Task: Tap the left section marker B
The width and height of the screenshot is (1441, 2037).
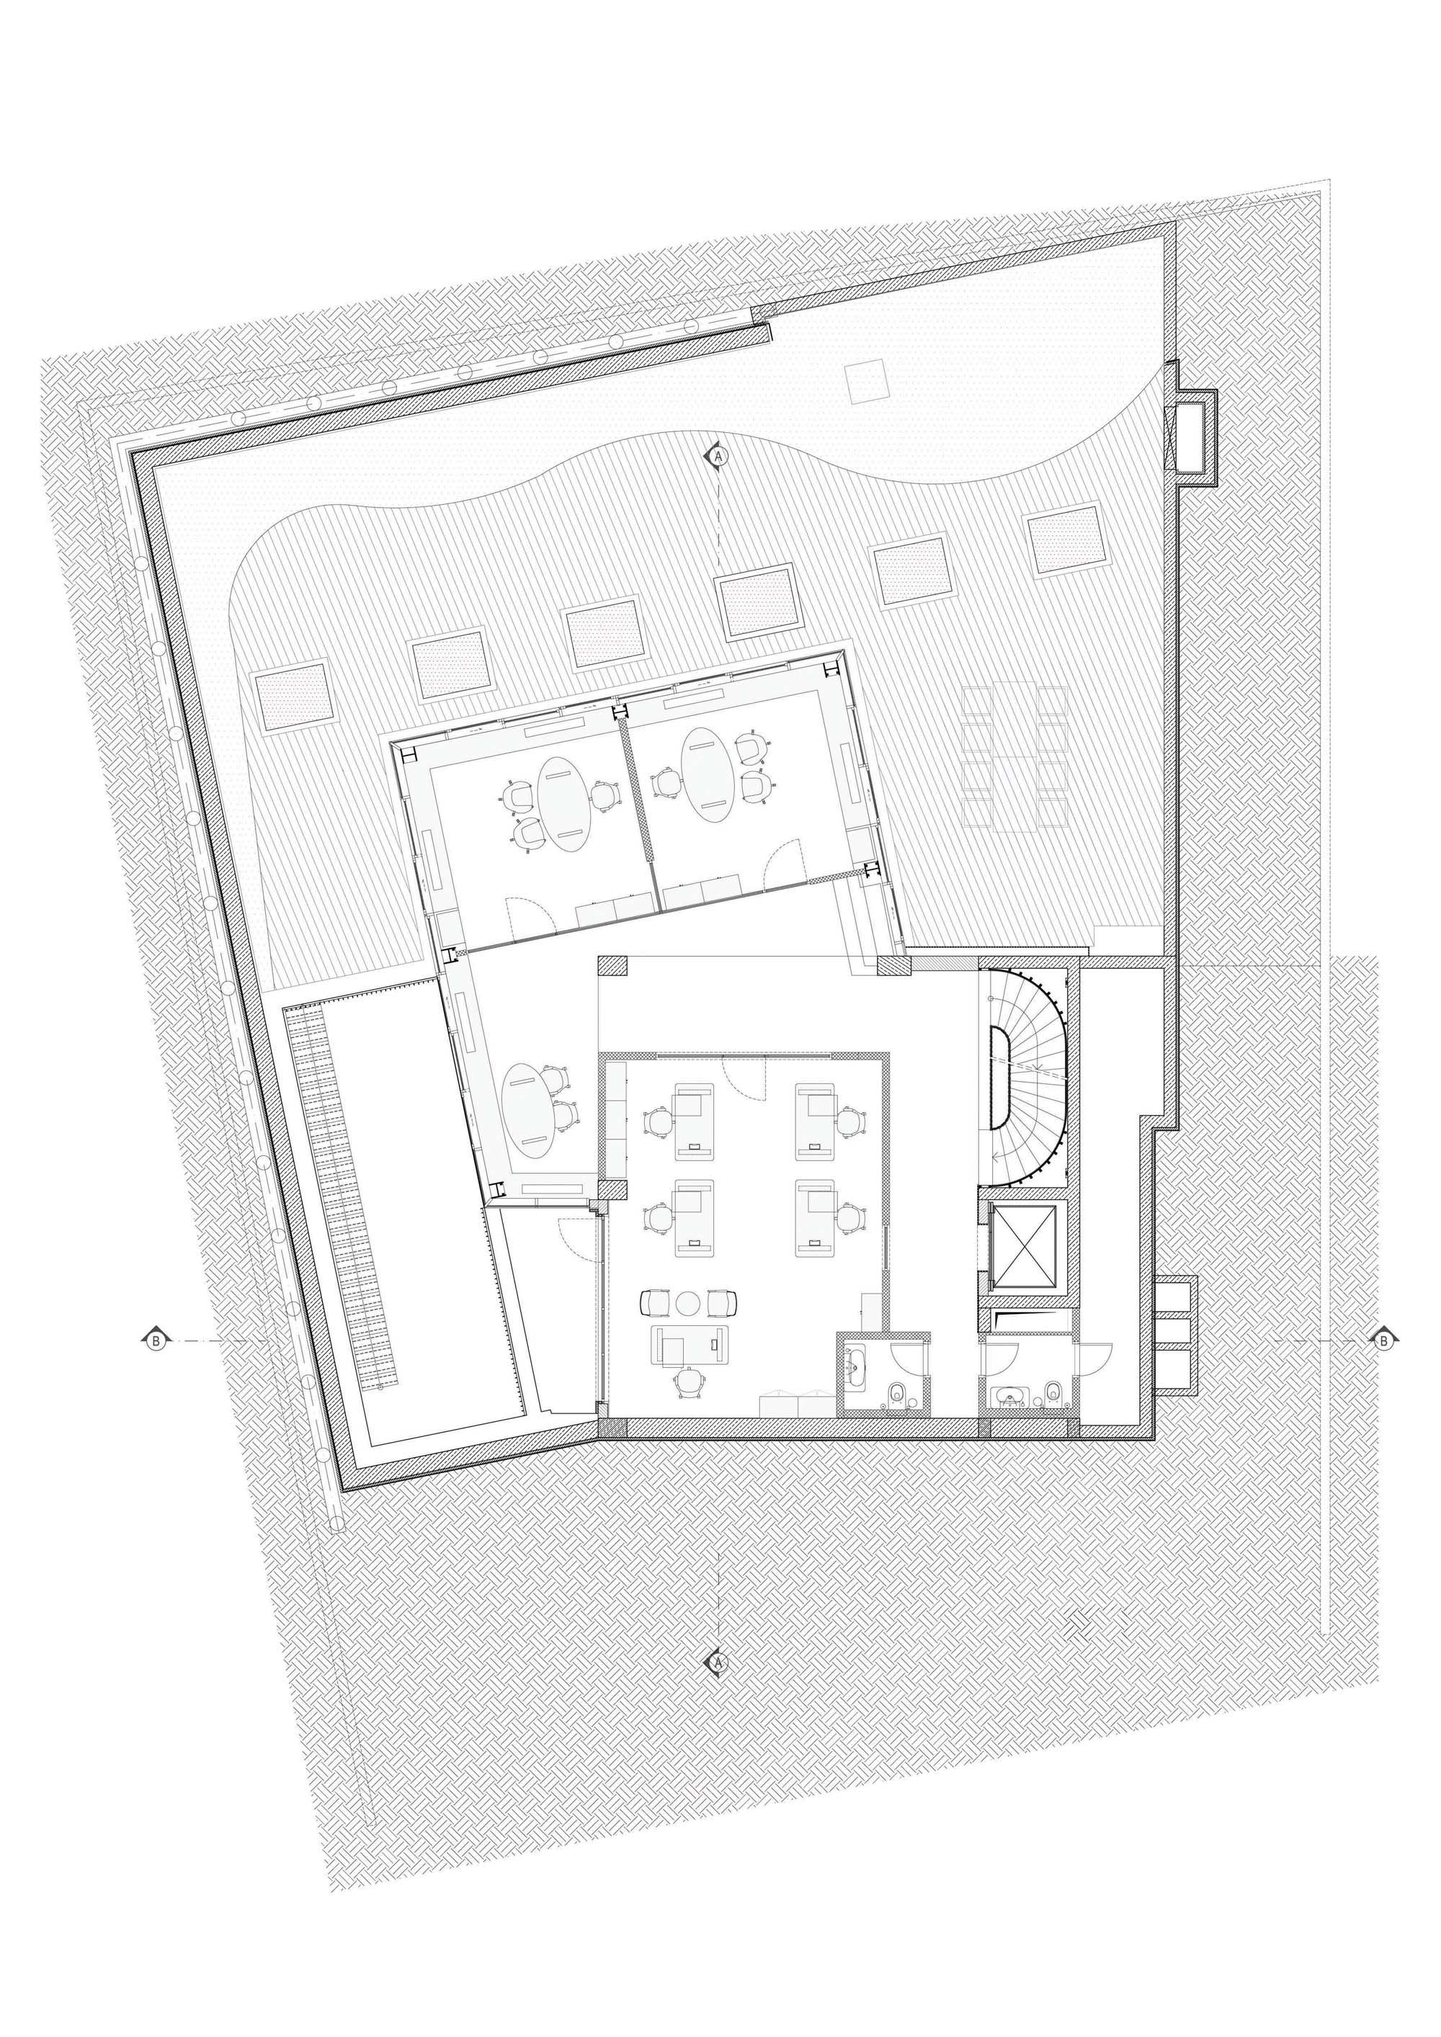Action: [x=156, y=1341]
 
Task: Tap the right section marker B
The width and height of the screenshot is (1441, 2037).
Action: [x=1383, y=1341]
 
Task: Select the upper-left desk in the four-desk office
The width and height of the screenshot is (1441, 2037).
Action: [x=694, y=1121]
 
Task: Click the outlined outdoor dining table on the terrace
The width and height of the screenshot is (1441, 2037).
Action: [x=1013, y=757]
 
